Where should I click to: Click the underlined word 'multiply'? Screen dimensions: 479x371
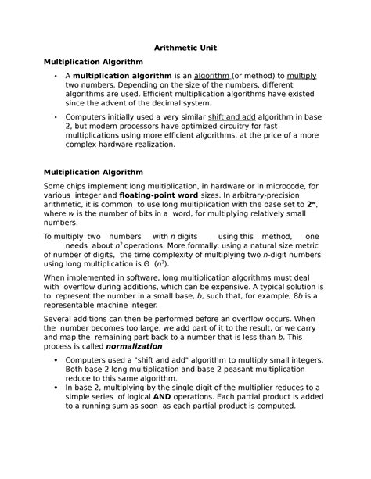click(301, 75)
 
